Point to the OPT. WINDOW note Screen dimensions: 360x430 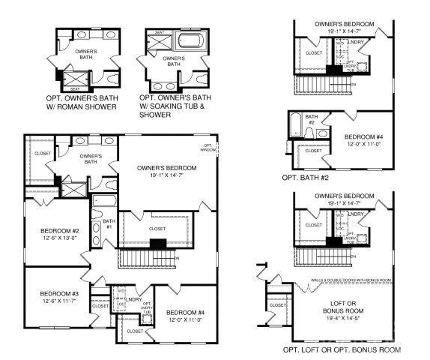pyautogui.click(x=207, y=148)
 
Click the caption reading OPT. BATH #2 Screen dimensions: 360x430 pyautogui.click(x=306, y=178)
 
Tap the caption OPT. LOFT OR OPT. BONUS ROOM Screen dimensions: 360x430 pyautogui.click(x=342, y=350)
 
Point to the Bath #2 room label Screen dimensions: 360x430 pyautogui.click(x=311, y=118)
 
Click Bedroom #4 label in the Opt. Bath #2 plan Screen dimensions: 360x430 pyautogui.click(x=364, y=137)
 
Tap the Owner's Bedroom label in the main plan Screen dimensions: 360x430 pyautogui.click(x=167, y=168)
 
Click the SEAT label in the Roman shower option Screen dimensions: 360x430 pyautogui.click(x=74, y=88)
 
